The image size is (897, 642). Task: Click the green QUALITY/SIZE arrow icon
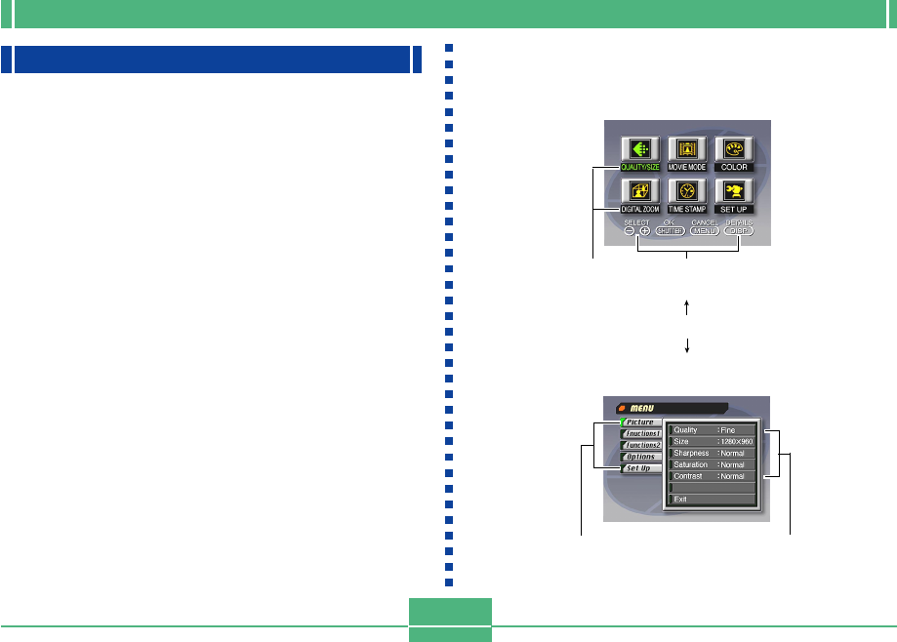[x=640, y=148]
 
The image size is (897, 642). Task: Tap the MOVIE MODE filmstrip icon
[x=688, y=148]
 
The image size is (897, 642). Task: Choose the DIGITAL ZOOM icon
[x=640, y=191]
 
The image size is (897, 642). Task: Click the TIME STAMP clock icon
[x=688, y=191]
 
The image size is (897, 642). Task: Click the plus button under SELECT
[x=644, y=231]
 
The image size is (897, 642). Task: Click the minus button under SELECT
[x=630, y=231]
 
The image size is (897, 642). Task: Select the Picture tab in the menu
[x=640, y=421]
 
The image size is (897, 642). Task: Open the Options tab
[x=640, y=457]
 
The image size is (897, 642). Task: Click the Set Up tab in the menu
[x=640, y=468]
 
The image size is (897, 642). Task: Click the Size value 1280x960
[x=737, y=441]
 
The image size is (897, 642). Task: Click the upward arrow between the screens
[x=688, y=306]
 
